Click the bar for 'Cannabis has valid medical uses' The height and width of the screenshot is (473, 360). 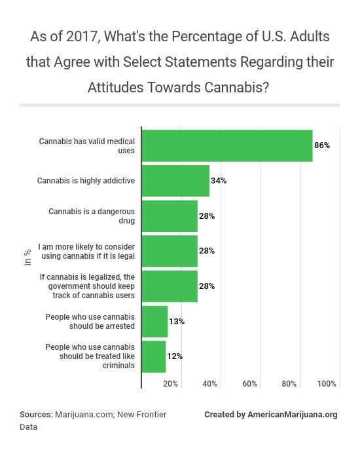pyautogui.click(x=227, y=145)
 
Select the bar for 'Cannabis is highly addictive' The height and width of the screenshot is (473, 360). pyautogui.click(x=175, y=181)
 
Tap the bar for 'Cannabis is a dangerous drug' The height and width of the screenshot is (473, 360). pyautogui.click(x=170, y=216)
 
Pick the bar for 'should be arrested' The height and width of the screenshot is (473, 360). pyautogui.click(x=154, y=322)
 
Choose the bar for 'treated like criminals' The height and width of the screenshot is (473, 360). pyautogui.click(x=154, y=357)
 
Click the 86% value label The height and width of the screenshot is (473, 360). pyautogui.click(x=322, y=145)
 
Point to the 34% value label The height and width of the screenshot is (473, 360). pyautogui.click(x=219, y=181)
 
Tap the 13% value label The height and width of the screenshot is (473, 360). pyautogui.click(x=177, y=322)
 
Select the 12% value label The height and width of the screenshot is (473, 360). pyautogui.click(x=175, y=357)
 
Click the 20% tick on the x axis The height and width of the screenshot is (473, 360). pyautogui.click(x=170, y=383)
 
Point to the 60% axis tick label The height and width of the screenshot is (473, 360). pyautogui.click(x=249, y=383)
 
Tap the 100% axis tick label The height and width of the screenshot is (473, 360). pyautogui.click(x=327, y=383)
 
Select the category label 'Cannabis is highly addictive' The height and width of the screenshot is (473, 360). pyautogui.click(x=86, y=181)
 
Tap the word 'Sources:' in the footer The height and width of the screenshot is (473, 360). pyautogui.click(x=36, y=415)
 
